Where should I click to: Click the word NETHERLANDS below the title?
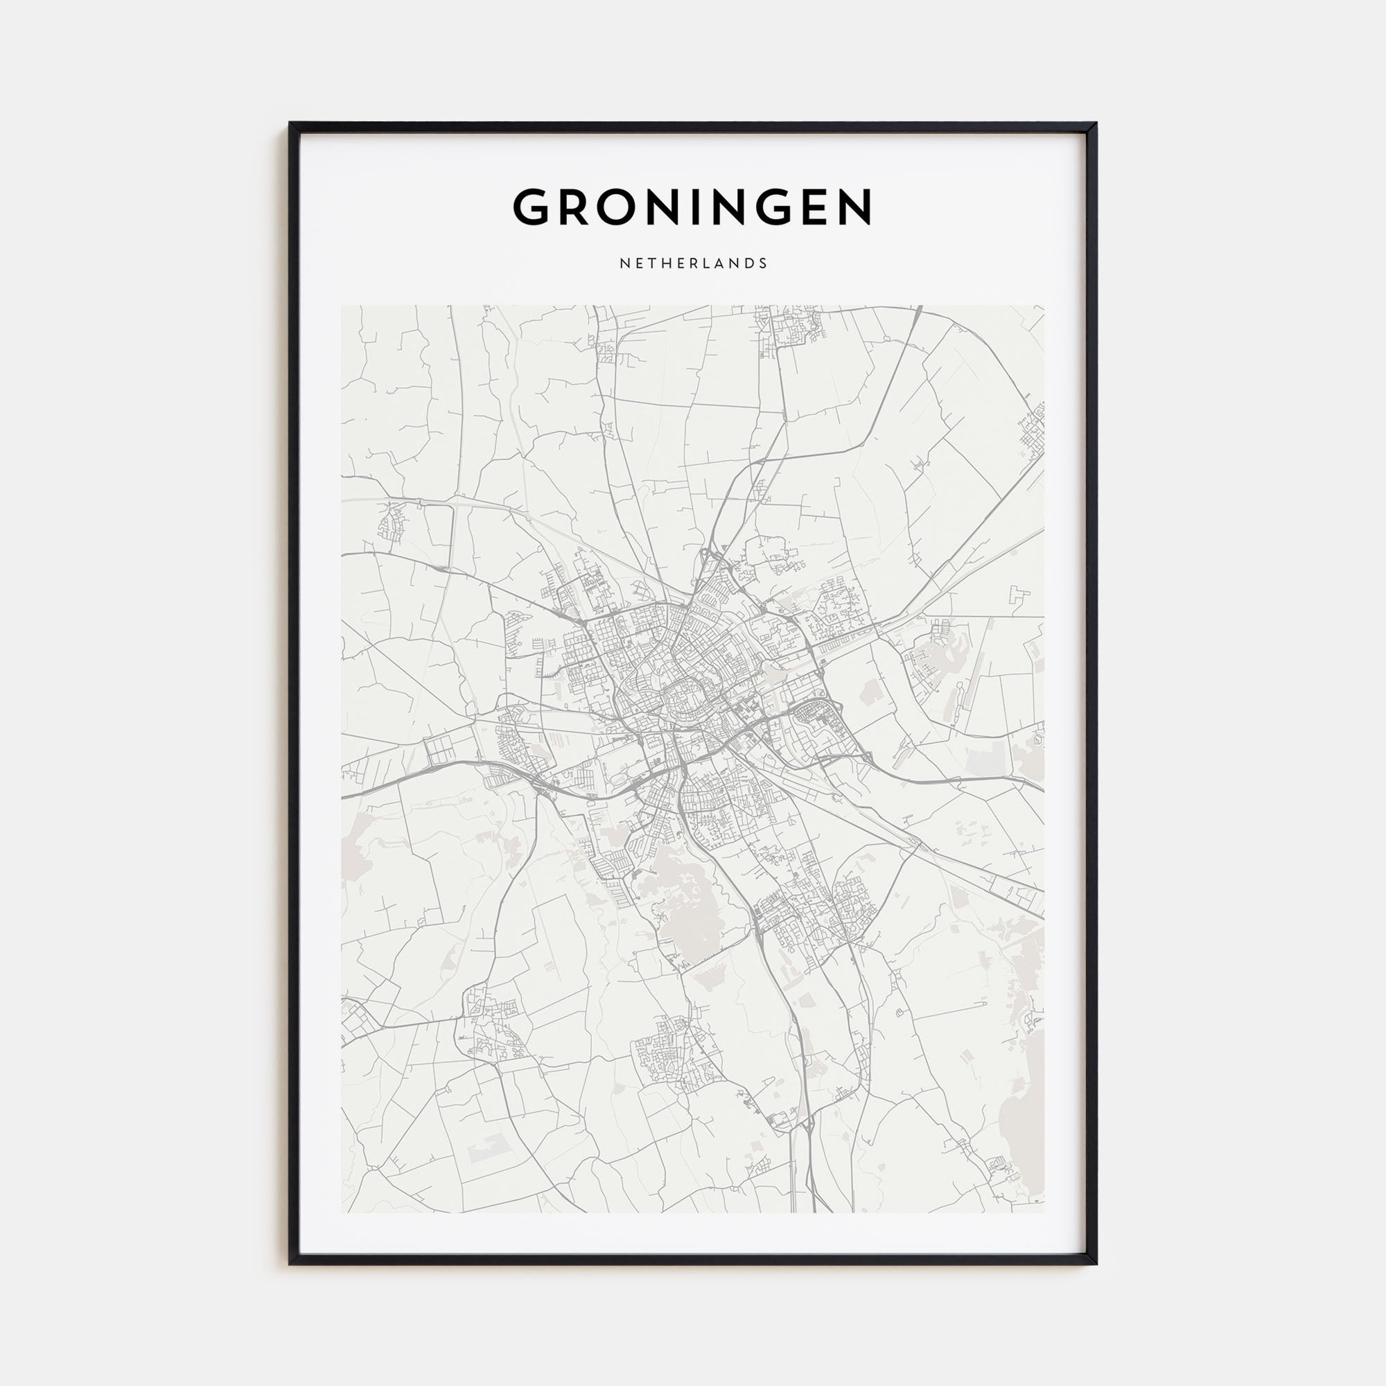coord(693,263)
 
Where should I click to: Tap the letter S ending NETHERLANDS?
coord(763,263)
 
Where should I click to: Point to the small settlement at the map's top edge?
coord(789,326)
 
